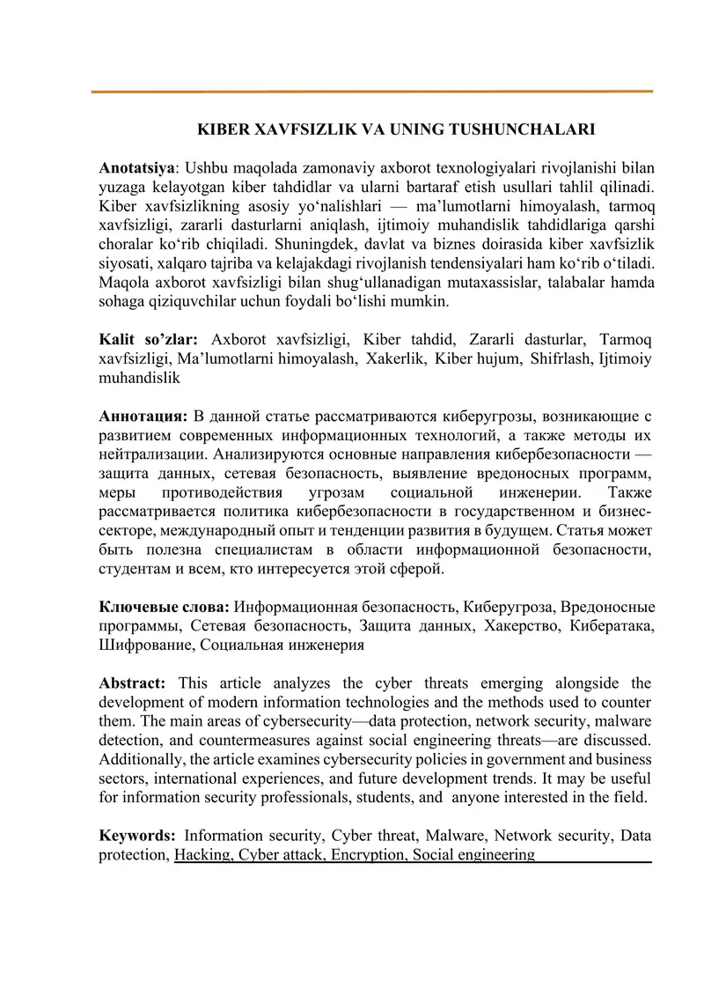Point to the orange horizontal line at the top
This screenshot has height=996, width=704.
point(372,91)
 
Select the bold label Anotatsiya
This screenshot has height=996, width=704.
point(136,166)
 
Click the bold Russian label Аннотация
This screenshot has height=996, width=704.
point(143,414)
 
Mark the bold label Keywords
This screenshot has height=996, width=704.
point(137,835)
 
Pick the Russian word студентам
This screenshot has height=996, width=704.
point(137,570)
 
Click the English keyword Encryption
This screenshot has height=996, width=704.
point(368,854)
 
